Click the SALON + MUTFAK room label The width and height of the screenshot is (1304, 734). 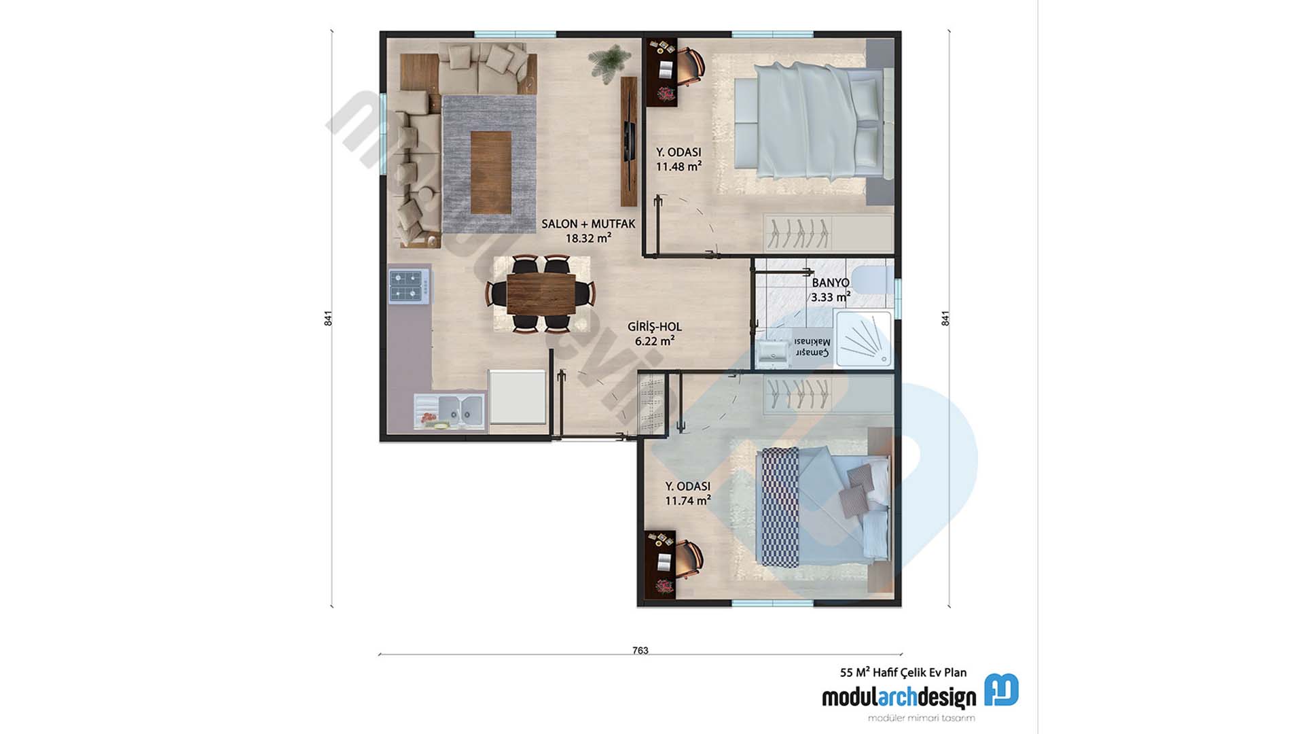click(x=588, y=224)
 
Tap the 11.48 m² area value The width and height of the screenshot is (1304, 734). click(x=678, y=167)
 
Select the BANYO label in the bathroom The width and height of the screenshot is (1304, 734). click(x=831, y=282)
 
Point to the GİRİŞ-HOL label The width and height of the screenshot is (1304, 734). click(x=655, y=327)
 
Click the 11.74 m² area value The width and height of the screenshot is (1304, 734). click(x=687, y=501)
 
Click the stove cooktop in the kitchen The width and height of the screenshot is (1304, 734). click(x=409, y=286)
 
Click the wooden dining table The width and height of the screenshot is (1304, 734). click(x=541, y=293)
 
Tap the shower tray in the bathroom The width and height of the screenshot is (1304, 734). click(x=863, y=339)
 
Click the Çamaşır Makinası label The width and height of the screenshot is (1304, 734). click(x=812, y=347)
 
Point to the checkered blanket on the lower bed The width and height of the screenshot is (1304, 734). click(x=780, y=507)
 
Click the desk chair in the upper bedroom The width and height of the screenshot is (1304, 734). click(x=691, y=67)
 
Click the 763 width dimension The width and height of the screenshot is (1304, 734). click(x=640, y=650)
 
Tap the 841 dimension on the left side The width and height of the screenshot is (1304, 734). click(x=328, y=318)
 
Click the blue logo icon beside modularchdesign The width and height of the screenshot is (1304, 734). click(x=1001, y=691)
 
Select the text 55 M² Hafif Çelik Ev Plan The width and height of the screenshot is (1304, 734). click(x=903, y=672)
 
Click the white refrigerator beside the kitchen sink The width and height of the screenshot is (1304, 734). click(x=518, y=397)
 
